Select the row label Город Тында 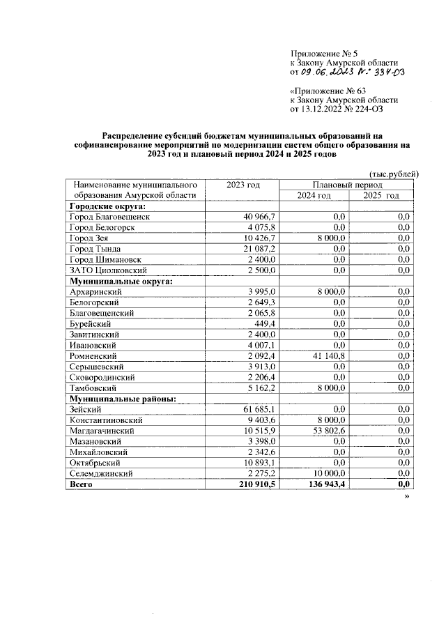[95, 249]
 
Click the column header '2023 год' [243, 185]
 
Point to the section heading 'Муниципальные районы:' [121, 399]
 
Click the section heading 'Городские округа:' [107, 207]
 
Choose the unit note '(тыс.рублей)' [394, 174]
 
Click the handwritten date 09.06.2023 [324, 72]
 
